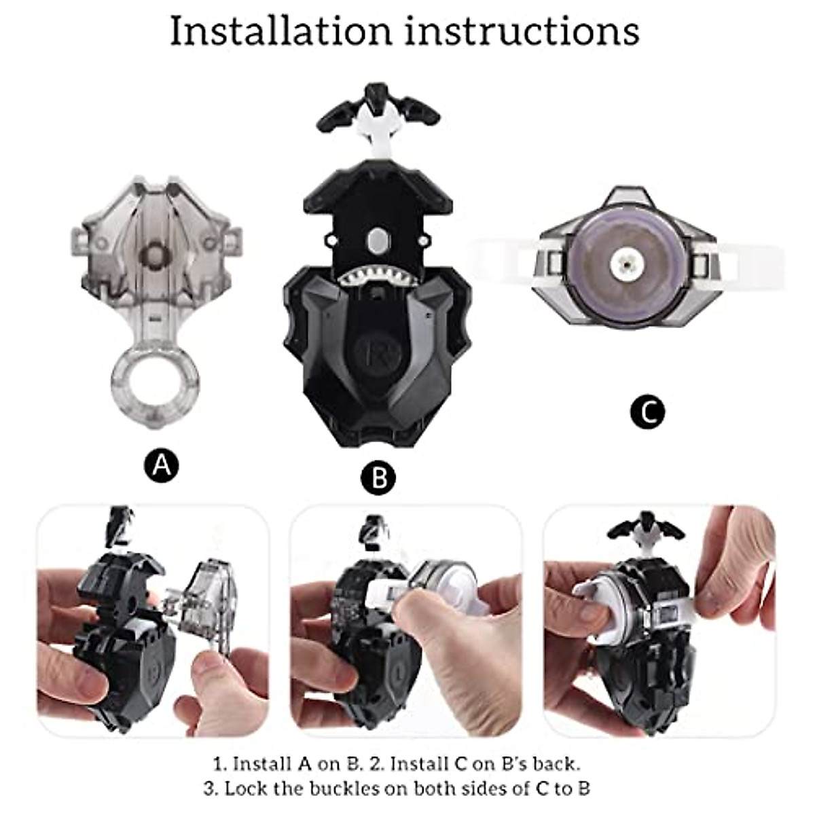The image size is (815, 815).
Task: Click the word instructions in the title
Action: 522,31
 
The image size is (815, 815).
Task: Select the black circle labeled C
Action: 647,412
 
